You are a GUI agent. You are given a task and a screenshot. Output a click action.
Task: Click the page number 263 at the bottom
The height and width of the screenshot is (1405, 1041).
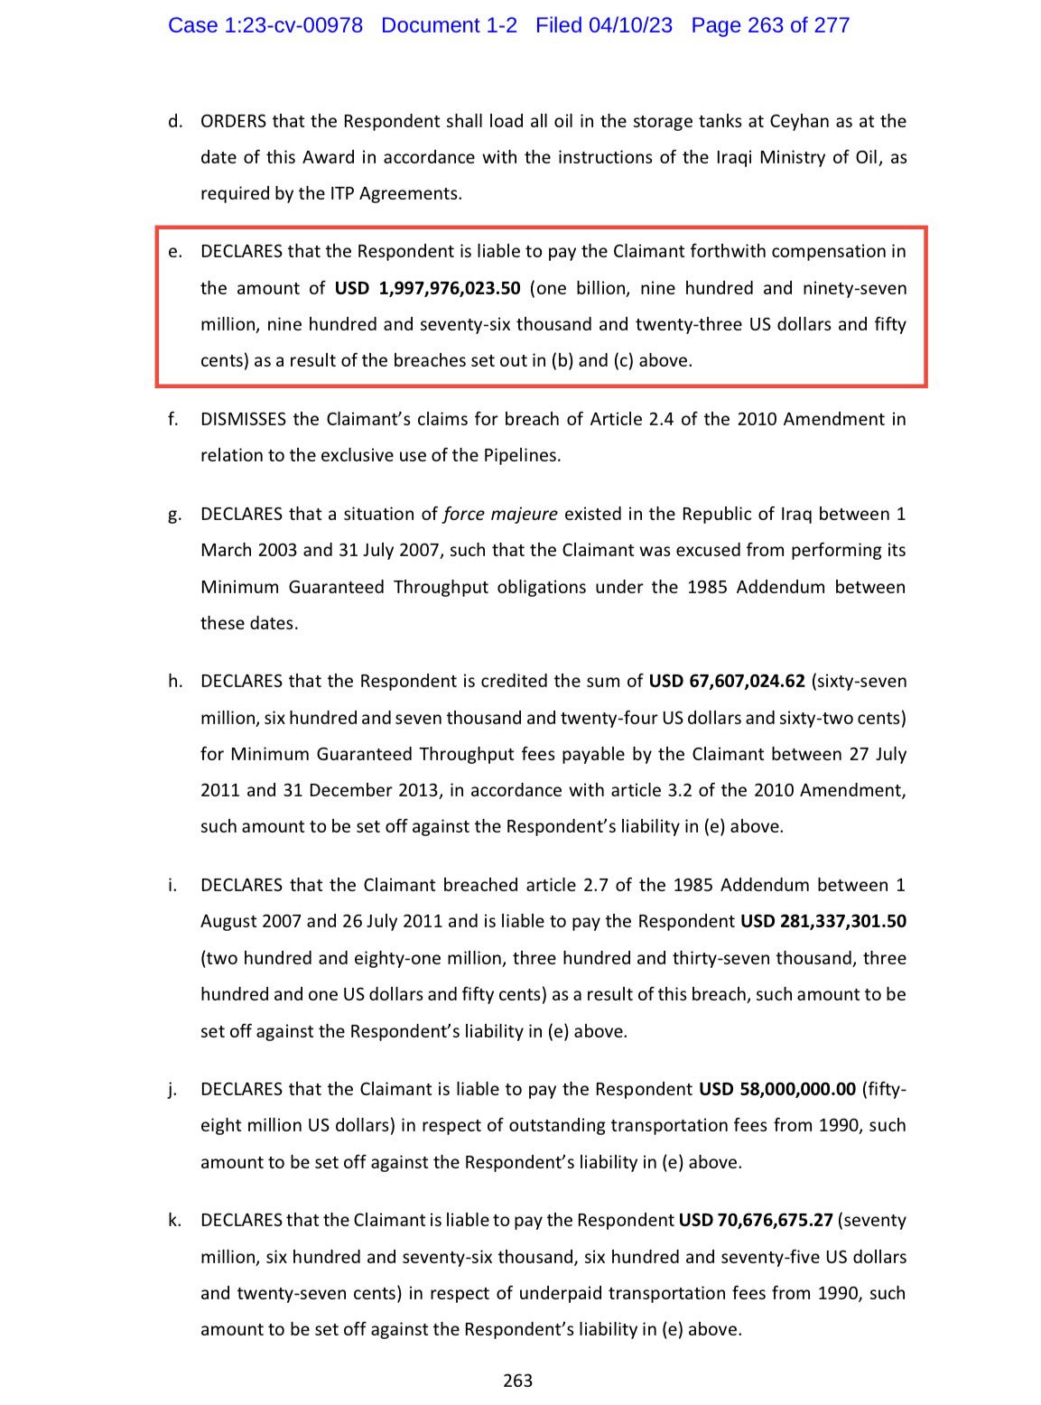518,1381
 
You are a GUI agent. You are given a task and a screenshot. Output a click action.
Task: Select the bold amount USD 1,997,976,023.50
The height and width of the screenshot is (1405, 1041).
428,288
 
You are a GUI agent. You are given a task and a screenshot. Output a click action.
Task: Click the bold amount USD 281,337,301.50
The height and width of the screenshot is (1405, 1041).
823,922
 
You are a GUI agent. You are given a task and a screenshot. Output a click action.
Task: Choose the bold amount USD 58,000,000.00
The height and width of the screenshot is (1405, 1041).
776,1089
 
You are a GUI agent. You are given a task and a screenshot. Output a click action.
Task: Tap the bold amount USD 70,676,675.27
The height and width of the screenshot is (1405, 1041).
755,1221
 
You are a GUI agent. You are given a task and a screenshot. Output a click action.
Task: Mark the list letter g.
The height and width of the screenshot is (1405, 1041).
173,516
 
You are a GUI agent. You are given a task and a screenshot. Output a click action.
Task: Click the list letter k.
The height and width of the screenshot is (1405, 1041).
173,1221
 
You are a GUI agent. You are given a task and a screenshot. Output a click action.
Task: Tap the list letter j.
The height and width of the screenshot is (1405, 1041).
172,1090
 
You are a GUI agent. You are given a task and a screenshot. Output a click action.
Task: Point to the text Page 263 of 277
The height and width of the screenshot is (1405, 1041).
770,25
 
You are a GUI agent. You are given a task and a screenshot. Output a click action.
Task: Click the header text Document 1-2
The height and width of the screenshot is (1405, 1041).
449,25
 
